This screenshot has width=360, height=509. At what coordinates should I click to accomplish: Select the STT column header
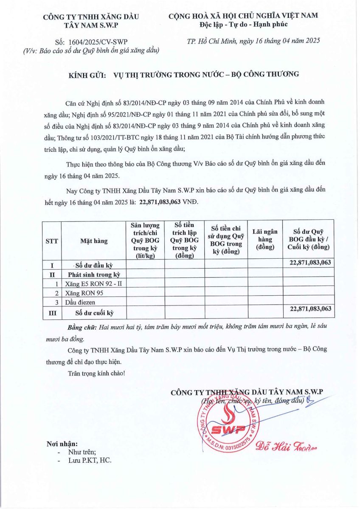pyautogui.click(x=52, y=241)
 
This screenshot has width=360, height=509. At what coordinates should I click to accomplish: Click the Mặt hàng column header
pyautogui.click(x=94, y=241)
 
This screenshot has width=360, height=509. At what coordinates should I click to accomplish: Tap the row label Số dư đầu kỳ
pyautogui.click(x=93, y=266)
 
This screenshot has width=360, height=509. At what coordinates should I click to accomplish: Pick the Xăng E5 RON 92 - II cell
pyautogui.click(x=94, y=283)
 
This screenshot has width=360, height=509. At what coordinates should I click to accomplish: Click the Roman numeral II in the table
pyautogui.click(x=52, y=274)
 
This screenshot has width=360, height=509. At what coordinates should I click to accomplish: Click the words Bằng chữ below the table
pyautogui.click(x=82, y=328)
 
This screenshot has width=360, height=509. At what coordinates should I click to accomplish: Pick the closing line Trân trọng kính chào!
pyautogui.click(x=96, y=373)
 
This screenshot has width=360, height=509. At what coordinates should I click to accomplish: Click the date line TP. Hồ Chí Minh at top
pyautogui.click(x=253, y=41)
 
